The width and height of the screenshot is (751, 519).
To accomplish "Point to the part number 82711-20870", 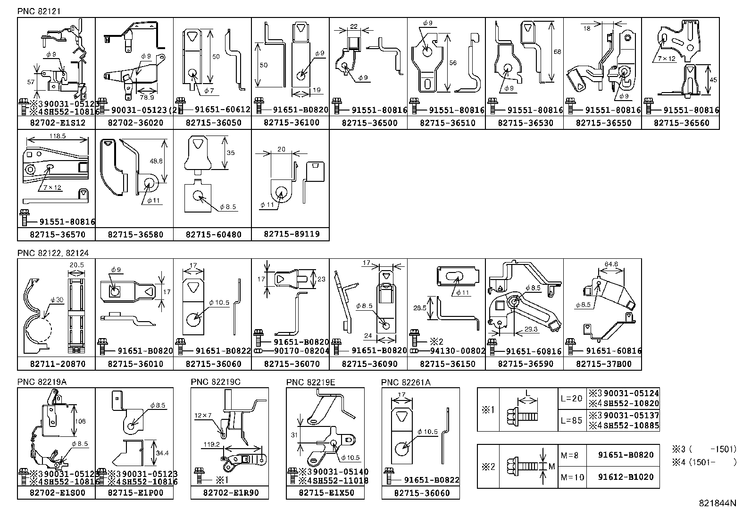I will click(57, 364).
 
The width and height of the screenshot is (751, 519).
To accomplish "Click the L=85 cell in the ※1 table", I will click(571, 420).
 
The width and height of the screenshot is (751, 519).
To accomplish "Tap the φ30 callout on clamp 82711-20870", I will click(57, 300).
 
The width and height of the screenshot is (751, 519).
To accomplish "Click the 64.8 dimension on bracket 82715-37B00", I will click(611, 264).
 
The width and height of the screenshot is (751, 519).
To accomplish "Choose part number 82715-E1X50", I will click(325, 493).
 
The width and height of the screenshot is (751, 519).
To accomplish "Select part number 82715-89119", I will click(291, 234).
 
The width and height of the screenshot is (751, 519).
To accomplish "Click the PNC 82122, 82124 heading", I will click(53, 253).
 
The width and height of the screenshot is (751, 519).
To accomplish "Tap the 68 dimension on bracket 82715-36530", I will click(557, 52).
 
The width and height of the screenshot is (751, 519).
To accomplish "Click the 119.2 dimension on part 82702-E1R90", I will click(212, 444).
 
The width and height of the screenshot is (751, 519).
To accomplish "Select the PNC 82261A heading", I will click(406, 382).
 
